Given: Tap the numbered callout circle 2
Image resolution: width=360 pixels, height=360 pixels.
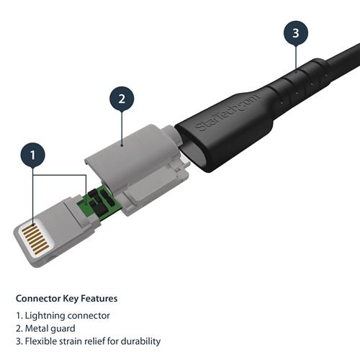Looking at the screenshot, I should point(122,98).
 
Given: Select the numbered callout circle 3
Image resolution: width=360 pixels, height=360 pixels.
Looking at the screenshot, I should point(295,32).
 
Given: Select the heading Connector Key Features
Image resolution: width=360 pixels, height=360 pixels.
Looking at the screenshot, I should point(66,298).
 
